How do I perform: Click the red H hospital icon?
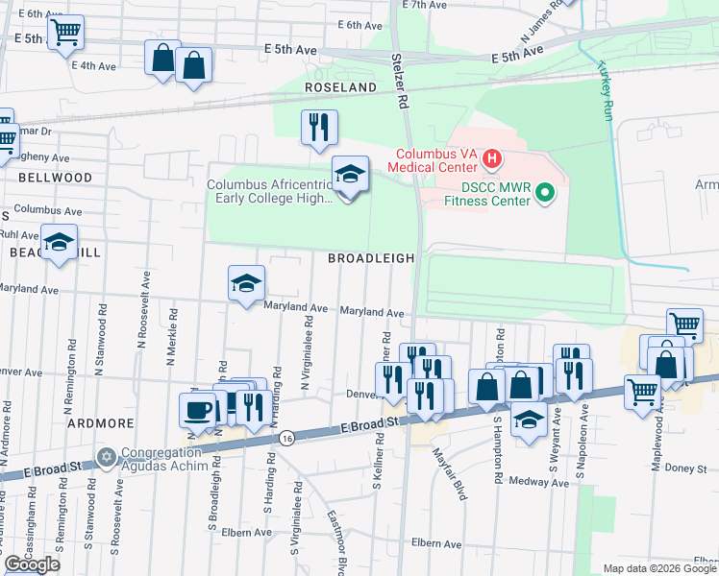tap(491, 157)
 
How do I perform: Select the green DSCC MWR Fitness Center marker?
tap(545, 193)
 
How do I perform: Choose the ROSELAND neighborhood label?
tap(340, 87)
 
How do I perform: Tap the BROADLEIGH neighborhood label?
tap(371, 258)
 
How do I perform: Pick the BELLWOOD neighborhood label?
tap(55, 178)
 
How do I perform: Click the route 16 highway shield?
tap(286, 438)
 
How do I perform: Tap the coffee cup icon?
tap(198, 410)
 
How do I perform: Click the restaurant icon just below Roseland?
tap(319, 127)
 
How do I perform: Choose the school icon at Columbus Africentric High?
tap(350, 175)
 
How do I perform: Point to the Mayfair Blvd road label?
tap(449, 474)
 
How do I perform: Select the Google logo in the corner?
tap(32, 564)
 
